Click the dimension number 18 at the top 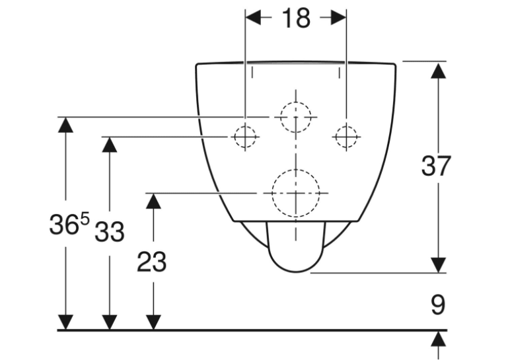pyautogui.click(x=296, y=18)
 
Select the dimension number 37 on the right pyautogui.click(x=436, y=166)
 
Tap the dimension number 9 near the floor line pyautogui.click(x=438, y=305)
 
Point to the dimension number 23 pyautogui.click(x=152, y=262)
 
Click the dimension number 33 pyautogui.click(x=110, y=232)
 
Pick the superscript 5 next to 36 pyautogui.click(x=85, y=219)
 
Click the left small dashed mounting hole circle pyautogui.click(x=245, y=137)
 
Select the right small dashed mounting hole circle pyautogui.click(x=346, y=137)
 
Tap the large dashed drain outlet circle pyautogui.click(x=272, y=193)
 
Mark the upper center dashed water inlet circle pyautogui.click(x=281, y=117)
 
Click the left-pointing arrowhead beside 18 pyautogui.click(x=253, y=18)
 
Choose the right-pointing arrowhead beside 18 pyautogui.click(x=338, y=18)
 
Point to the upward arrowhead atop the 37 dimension pyautogui.click(x=438, y=71)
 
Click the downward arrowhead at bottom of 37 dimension pyautogui.click(x=438, y=265)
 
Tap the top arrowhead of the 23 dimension pyautogui.click(x=153, y=201)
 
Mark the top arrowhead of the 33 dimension pyautogui.click(x=110, y=145)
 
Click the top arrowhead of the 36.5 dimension pyautogui.click(x=65, y=125)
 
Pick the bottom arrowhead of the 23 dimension pyautogui.click(x=153, y=322)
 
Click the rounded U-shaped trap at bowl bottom pyautogui.click(x=296, y=272)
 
